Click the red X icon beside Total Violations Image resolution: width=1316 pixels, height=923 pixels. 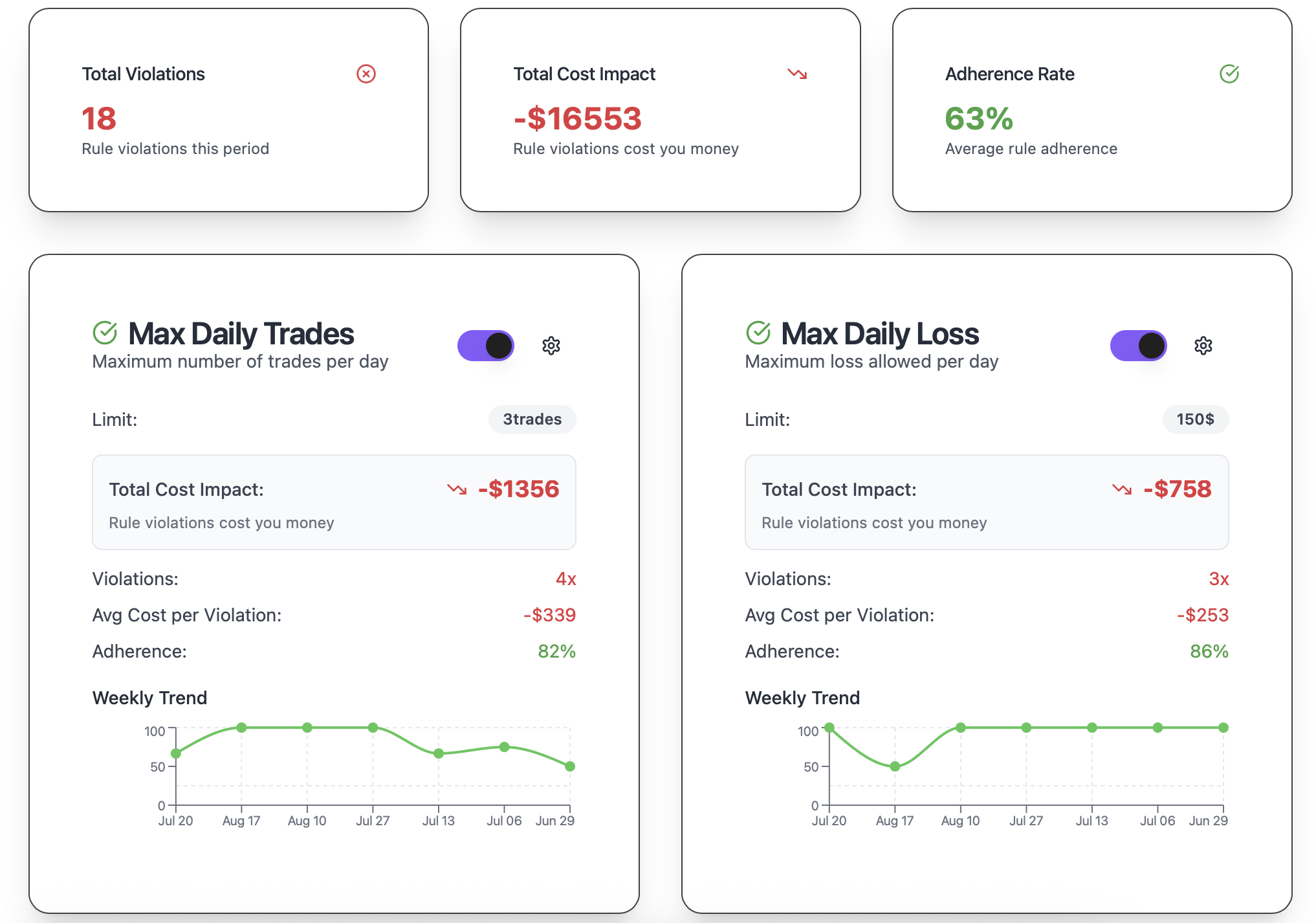366,74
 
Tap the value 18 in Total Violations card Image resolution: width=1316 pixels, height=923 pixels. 99,119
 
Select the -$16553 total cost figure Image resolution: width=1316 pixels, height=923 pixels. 577,119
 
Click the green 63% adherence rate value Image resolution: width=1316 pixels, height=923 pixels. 978,119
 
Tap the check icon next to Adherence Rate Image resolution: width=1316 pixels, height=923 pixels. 1229,74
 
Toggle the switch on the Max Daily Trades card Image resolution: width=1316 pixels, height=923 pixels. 486,346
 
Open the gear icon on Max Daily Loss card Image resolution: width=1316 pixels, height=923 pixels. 1203,346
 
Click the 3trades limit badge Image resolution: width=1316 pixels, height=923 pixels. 532,419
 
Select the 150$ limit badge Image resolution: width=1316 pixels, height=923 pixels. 1195,419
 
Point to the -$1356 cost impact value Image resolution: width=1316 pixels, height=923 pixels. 518,489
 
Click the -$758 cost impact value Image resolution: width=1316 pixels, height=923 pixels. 1177,489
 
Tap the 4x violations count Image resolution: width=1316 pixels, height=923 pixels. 565,579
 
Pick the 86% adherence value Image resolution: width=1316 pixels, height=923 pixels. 1209,651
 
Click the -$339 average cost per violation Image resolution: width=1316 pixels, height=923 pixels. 549,615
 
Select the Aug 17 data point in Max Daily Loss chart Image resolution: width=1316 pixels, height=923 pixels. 895,766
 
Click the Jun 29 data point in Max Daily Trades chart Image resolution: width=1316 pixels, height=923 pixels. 569,766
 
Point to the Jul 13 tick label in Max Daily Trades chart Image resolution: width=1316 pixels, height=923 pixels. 438,821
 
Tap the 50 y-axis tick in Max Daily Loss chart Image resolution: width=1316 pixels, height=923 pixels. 811,767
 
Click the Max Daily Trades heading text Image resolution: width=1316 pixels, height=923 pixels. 241,334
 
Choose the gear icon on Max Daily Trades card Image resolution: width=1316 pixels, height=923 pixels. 551,346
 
